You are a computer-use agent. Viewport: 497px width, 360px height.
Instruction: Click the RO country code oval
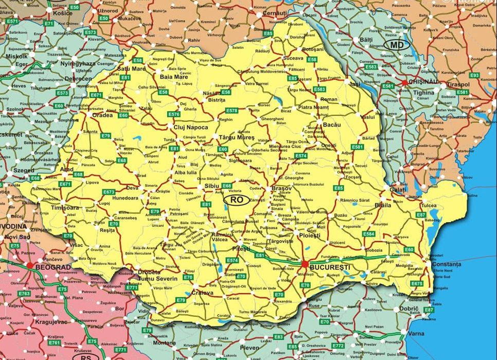[x=237, y=199]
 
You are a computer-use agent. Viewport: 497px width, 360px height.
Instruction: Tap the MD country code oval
[x=397, y=45]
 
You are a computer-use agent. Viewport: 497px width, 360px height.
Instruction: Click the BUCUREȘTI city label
[x=330, y=267]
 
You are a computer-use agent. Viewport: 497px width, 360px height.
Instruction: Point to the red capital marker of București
[x=305, y=264]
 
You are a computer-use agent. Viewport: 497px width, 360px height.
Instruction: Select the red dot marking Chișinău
[x=404, y=82]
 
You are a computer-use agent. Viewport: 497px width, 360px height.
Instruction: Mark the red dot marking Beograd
[x=30, y=265]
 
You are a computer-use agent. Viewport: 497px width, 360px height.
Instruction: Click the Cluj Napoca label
[x=191, y=127]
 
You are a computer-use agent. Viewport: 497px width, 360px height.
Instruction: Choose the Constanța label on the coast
[x=447, y=264]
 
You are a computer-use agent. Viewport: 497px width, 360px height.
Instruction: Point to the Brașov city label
[x=281, y=189]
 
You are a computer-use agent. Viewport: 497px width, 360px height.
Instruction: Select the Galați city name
[x=398, y=189]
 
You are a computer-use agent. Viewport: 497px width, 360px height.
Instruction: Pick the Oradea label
[x=102, y=115]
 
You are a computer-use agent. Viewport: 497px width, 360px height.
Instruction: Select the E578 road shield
[x=232, y=111]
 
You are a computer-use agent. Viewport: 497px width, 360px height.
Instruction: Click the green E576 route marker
[x=173, y=114]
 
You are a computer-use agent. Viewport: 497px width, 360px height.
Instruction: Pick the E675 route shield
[x=417, y=283]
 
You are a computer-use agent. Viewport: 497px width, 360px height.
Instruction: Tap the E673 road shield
[x=109, y=192]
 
